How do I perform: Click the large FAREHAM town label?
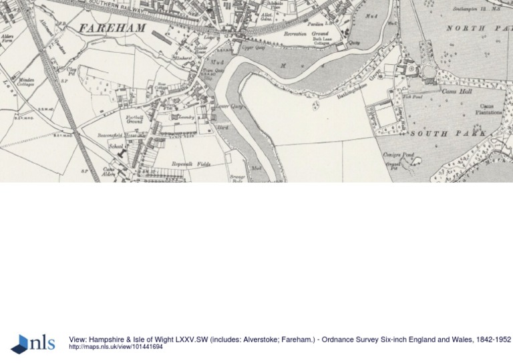pyautogui.click(x=112, y=28)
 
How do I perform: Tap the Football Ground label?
pyautogui.click(x=135, y=120)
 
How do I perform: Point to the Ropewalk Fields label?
pyautogui.click(x=190, y=163)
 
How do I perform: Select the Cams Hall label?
pyautogui.click(x=458, y=91)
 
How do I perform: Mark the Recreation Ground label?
pyautogui.click(x=306, y=33)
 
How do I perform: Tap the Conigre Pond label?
pyautogui.click(x=398, y=155)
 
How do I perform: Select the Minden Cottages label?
pyautogui.click(x=27, y=82)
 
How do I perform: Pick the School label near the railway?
pyautogui.click(x=115, y=145)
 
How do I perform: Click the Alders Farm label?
pyautogui.click(x=8, y=39)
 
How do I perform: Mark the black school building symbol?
pyautogui.click(x=122, y=153)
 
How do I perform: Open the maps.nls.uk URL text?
pyautogui.click(x=116, y=347)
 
